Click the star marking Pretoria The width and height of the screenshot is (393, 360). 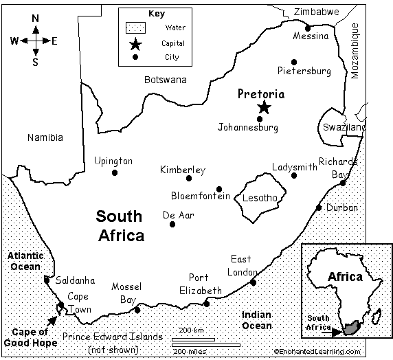264,107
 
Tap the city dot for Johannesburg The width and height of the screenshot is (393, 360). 259,119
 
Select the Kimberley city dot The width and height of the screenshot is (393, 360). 189,178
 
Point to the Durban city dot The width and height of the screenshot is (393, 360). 319,207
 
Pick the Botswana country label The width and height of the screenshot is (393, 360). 165,80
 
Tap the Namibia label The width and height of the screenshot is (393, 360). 45,137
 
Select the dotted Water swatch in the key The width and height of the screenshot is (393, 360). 135,28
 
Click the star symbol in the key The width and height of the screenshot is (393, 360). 135,44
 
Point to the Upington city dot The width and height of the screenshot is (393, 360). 114,172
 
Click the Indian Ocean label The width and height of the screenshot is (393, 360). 256,320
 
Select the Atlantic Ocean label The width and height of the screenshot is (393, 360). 25,260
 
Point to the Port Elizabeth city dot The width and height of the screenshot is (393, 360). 206,304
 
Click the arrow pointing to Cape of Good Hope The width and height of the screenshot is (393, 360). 52,319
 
